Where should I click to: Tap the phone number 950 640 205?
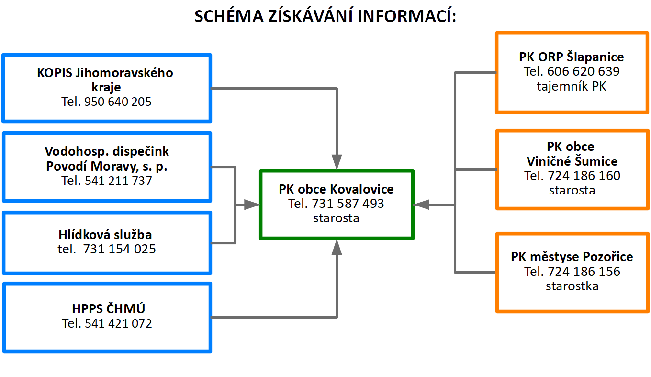coord(118,102)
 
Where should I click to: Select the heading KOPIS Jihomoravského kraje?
coord(105,80)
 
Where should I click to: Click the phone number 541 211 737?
coord(118,181)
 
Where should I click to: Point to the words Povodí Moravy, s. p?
coord(107,166)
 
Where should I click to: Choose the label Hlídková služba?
coord(105,234)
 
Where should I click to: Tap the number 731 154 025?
coord(120,249)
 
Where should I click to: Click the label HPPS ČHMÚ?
coord(108,308)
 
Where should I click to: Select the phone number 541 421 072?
coord(118,323)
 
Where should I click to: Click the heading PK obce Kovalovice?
coord(336,189)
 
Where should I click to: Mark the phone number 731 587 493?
coord(348,204)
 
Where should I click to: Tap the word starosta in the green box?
coord(336,218)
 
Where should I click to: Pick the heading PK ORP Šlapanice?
coord(572,57)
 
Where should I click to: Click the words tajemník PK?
coord(572,86)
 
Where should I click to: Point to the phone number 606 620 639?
coord(584,71)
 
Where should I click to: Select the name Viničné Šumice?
coord(572,161)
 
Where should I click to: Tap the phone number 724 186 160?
coord(584,176)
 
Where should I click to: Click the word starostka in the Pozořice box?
coord(572,286)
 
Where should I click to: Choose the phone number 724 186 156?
coord(584,272)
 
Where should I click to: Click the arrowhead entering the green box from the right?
coord(421,205)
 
